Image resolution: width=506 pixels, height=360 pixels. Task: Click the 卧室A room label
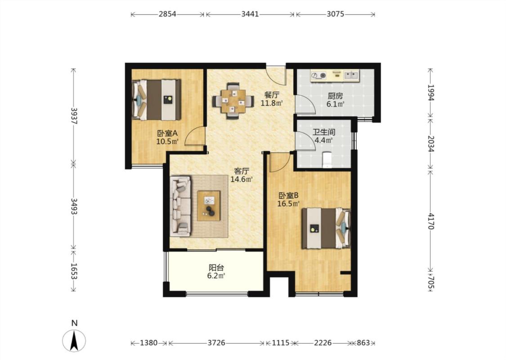click(167, 133)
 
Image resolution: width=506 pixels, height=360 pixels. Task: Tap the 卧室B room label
click(288, 195)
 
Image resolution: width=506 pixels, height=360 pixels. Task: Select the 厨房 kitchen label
click(335, 96)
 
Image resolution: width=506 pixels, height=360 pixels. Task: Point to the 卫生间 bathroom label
click(324, 132)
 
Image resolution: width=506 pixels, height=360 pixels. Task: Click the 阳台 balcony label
click(216, 268)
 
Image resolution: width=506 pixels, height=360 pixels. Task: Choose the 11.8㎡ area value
click(272, 103)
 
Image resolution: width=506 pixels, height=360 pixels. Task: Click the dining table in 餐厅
click(233, 101)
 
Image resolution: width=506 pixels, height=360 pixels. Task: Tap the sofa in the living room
click(181, 206)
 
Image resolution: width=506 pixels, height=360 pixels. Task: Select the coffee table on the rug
click(209, 206)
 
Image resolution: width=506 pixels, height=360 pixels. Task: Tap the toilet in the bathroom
click(327, 159)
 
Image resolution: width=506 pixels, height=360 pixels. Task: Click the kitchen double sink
click(351, 76)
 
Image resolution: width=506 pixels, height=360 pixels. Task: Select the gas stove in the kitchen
click(318, 76)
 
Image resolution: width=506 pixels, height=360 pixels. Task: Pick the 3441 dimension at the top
click(250, 14)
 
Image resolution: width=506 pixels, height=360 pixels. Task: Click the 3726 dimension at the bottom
click(216, 343)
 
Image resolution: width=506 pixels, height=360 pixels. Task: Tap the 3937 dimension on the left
click(74, 116)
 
